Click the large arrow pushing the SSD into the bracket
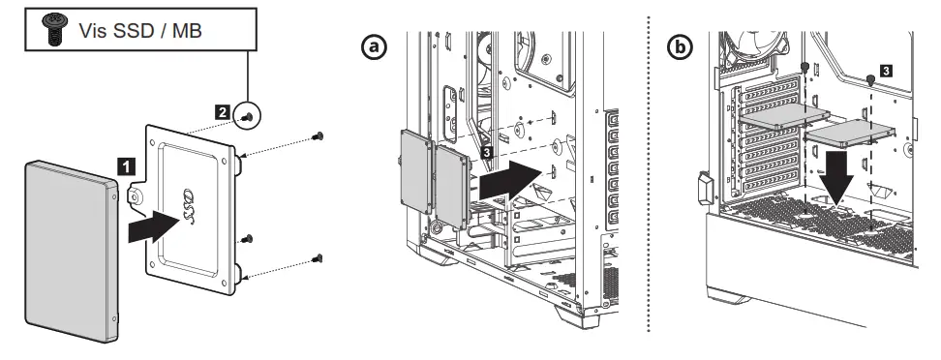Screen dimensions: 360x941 [153, 228]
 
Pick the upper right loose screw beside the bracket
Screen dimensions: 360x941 [319, 136]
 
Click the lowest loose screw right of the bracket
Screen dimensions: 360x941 [318, 256]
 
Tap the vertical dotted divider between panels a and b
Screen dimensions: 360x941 [648, 184]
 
